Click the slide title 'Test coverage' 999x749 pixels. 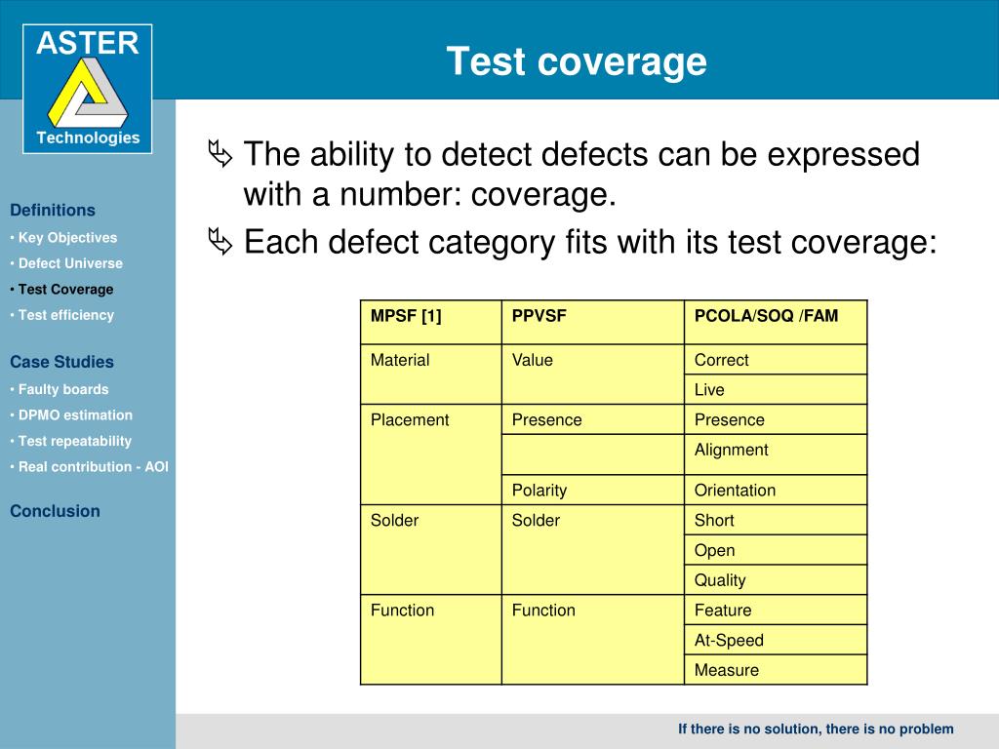click(x=577, y=61)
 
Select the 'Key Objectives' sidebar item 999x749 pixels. click(x=67, y=237)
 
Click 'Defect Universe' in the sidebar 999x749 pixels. click(x=70, y=263)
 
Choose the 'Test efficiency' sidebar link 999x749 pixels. click(x=65, y=315)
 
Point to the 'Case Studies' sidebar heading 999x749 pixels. click(x=61, y=362)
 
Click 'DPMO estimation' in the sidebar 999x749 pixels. click(x=75, y=414)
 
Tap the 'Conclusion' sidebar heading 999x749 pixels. click(x=55, y=511)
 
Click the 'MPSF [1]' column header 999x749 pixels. click(x=406, y=316)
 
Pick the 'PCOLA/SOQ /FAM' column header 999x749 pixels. click(x=766, y=316)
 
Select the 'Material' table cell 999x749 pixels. click(x=400, y=360)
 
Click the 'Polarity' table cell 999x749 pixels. click(x=539, y=490)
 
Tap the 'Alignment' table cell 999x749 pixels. click(x=731, y=450)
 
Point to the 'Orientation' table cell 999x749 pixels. click(x=735, y=490)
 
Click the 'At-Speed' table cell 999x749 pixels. click(x=729, y=640)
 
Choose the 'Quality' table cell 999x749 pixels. click(x=720, y=580)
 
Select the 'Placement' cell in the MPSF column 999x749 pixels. click(x=410, y=420)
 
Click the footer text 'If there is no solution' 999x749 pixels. click(x=749, y=729)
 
